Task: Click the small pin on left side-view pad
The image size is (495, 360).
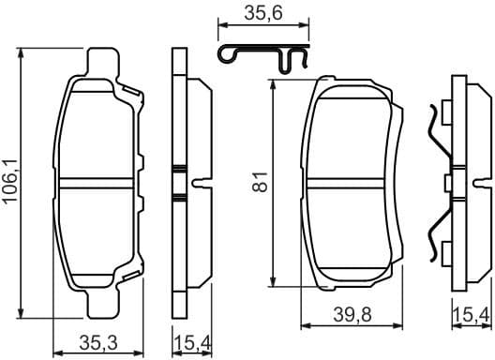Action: click(198, 182)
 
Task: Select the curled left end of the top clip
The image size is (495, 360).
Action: click(225, 55)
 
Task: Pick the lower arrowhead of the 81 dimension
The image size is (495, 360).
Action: click(273, 285)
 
